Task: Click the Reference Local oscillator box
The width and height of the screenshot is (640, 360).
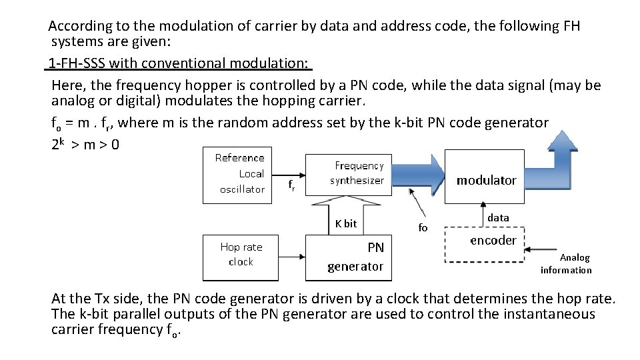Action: pyautogui.click(x=239, y=173)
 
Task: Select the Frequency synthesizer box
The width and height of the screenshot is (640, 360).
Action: pyautogui.click(x=359, y=173)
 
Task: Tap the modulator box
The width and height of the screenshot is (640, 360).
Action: pyautogui.click(x=485, y=180)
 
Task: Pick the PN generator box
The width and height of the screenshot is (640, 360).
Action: pyautogui.click(x=355, y=257)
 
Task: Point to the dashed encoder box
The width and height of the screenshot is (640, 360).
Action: pyautogui.click(x=493, y=240)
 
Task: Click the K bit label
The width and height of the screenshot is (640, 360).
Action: pyautogui.click(x=346, y=223)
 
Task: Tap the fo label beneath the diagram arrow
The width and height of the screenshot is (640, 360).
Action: pyautogui.click(x=423, y=227)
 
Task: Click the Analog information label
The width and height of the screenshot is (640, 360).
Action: pyautogui.click(x=566, y=263)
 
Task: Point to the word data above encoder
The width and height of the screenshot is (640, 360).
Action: pyautogui.click(x=498, y=217)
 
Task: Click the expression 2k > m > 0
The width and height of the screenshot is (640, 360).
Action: pyautogui.click(x=85, y=144)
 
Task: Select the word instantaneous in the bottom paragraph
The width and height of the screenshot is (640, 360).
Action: pyautogui.click(x=545, y=313)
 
